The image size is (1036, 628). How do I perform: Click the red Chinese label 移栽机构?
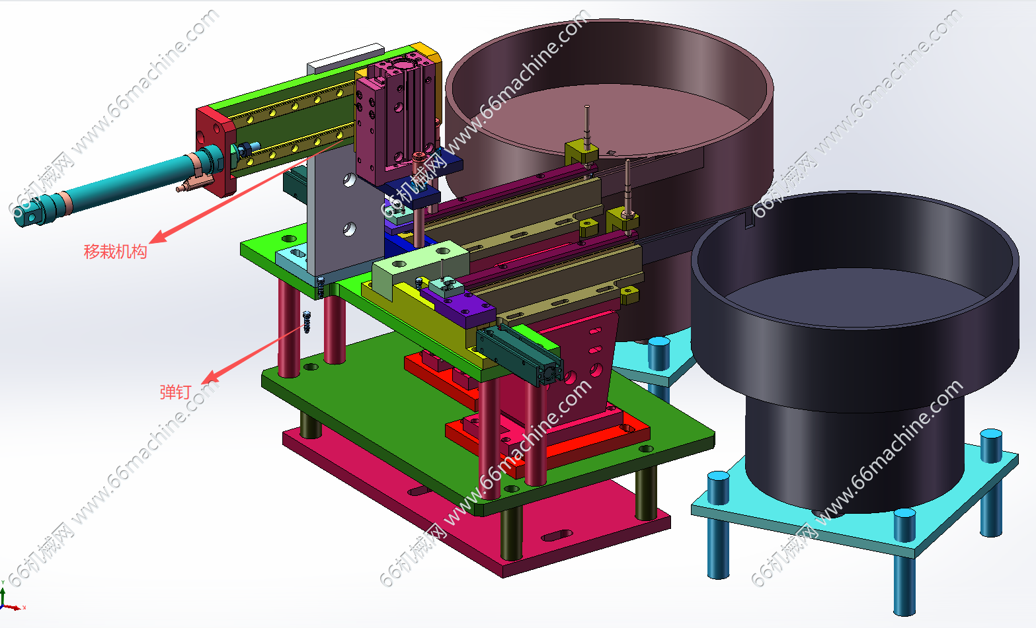[x=115, y=252]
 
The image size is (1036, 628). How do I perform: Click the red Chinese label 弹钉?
[x=175, y=392]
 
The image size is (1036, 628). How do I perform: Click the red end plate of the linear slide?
[x=216, y=150]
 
